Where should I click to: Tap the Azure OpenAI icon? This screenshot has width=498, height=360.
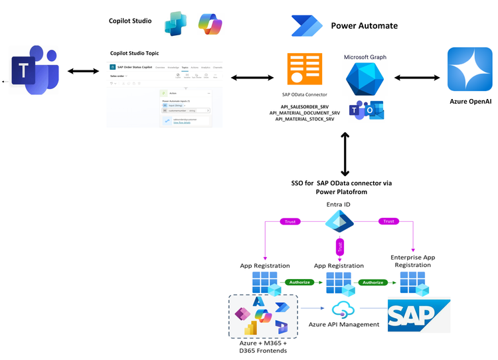tap(469, 69)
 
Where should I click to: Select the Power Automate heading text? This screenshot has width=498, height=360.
tap(364, 26)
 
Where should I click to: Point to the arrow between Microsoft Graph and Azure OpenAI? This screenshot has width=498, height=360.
tap(418, 77)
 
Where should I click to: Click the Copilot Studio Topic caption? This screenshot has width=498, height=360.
tap(134, 53)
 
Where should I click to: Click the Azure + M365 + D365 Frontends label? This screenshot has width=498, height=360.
tap(264, 345)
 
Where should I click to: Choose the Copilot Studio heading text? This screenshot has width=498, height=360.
tap(130, 21)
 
